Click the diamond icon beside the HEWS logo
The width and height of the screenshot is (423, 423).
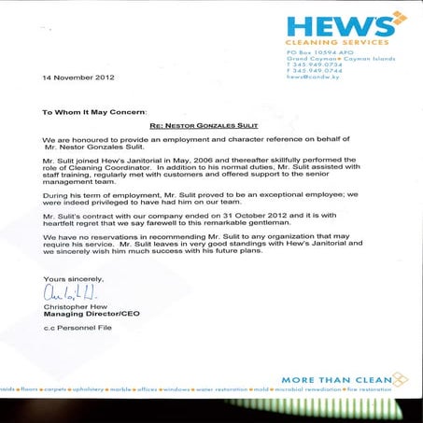(x=399, y=18)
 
